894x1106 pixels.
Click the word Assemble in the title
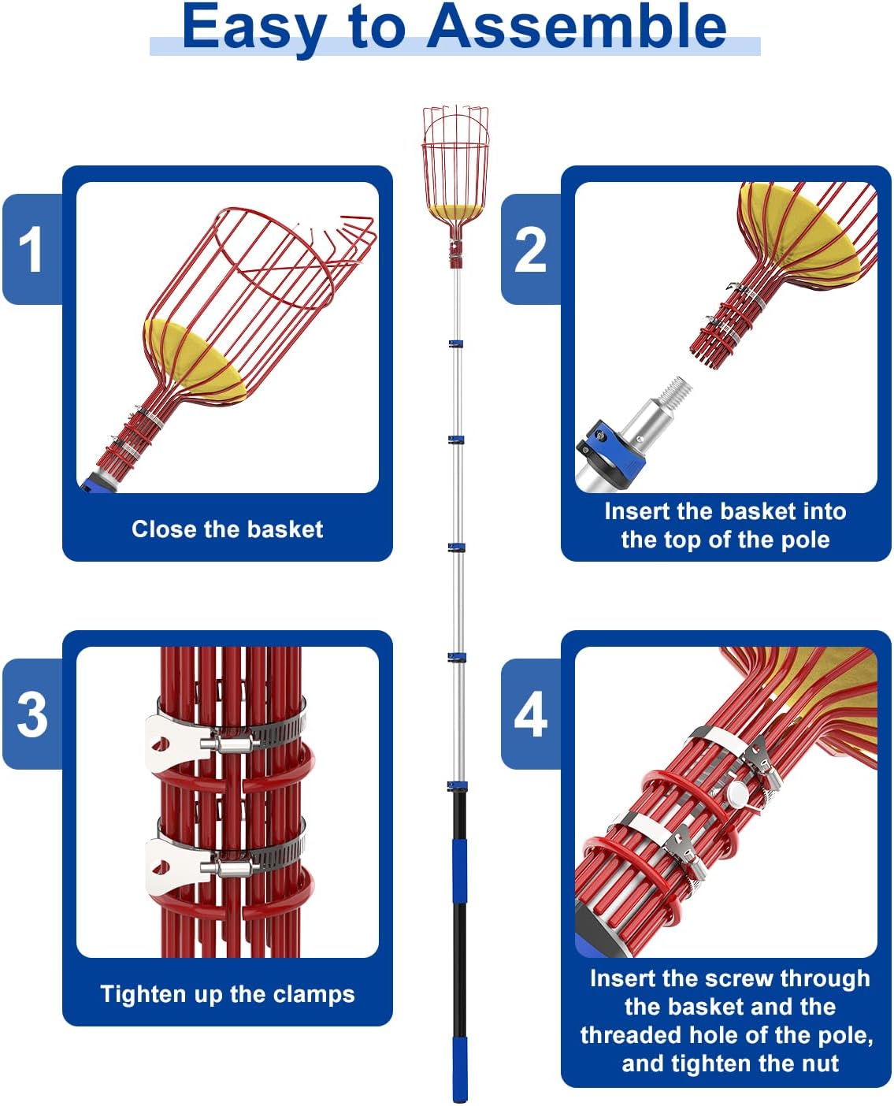(x=577, y=27)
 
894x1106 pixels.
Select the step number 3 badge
(x=32, y=714)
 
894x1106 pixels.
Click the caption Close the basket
(x=227, y=529)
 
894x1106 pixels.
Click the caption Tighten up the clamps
(x=228, y=994)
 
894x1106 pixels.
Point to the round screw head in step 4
(x=736, y=791)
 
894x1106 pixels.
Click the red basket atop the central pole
(x=455, y=172)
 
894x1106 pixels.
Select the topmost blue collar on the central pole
(x=456, y=343)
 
